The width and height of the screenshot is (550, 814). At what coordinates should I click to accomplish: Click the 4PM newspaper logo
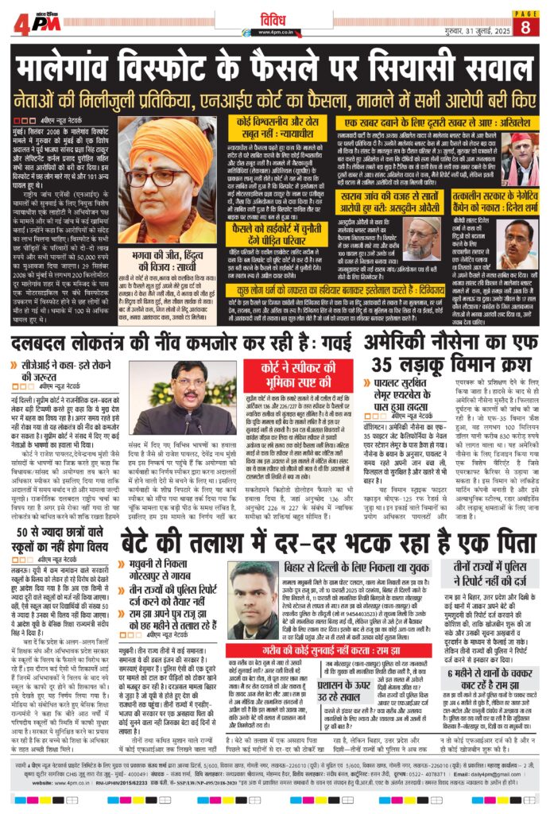[x=37, y=23]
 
